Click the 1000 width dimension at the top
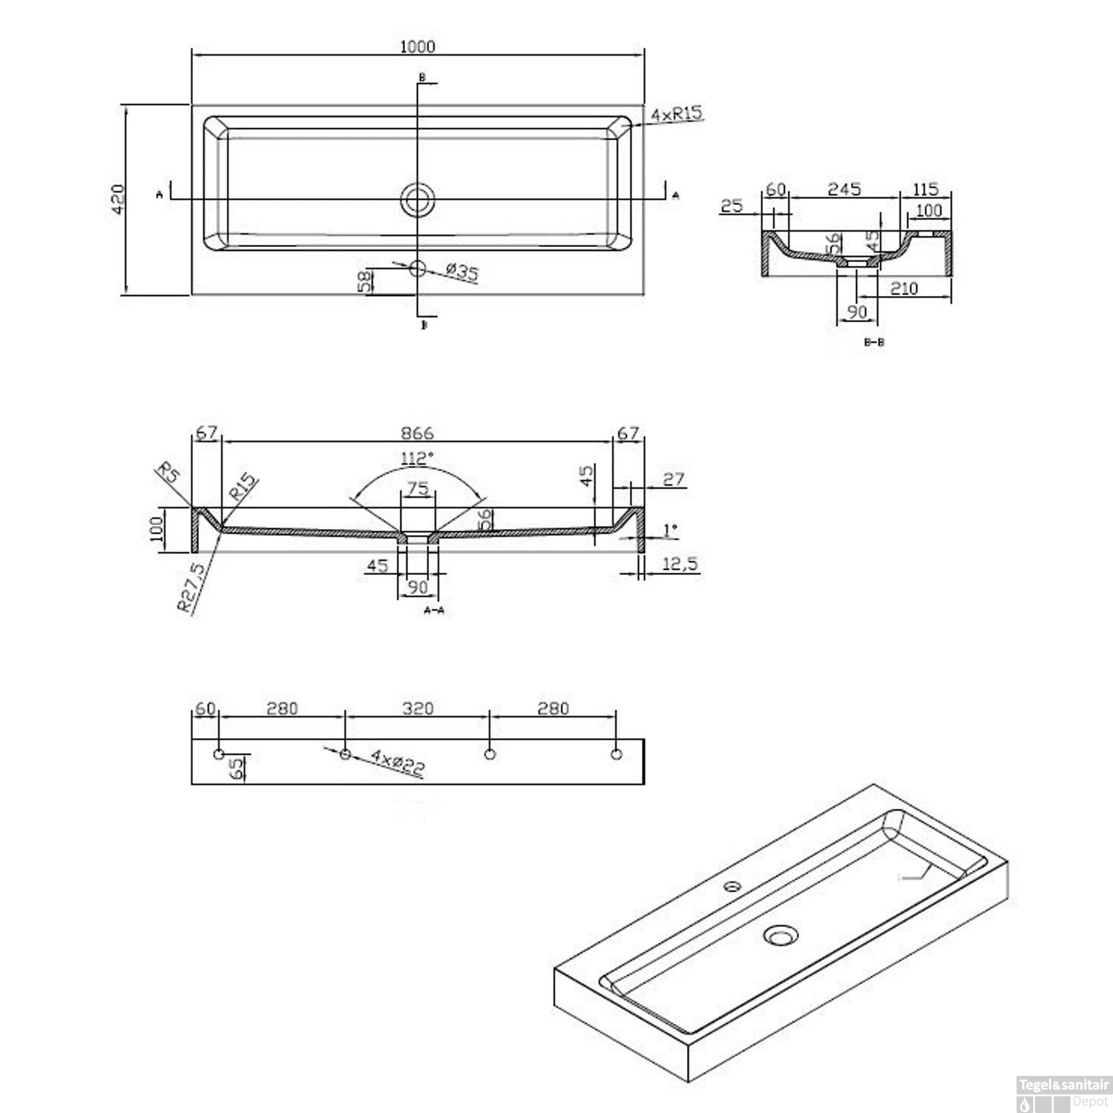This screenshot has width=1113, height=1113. [417, 46]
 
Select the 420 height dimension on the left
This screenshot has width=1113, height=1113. [119, 199]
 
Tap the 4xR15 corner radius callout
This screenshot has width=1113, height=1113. [676, 114]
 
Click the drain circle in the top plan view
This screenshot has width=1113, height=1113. [418, 199]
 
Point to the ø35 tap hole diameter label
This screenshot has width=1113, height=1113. [462, 272]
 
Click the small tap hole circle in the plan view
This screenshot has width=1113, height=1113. [418, 268]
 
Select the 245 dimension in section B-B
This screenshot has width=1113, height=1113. [844, 189]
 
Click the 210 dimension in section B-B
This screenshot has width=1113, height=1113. [904, 288]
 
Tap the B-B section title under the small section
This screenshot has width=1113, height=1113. [874, 342]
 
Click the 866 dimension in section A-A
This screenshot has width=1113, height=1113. [417, 433]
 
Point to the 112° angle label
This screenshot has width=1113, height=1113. [416, 459]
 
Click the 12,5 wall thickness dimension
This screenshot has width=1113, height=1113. [680, 565]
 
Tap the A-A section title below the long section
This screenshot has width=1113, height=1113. [433, 610]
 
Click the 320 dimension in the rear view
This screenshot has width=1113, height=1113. [418, 709]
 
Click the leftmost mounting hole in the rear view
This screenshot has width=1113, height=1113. [219, 755]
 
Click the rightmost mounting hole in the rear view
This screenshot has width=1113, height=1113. [616, 755]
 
